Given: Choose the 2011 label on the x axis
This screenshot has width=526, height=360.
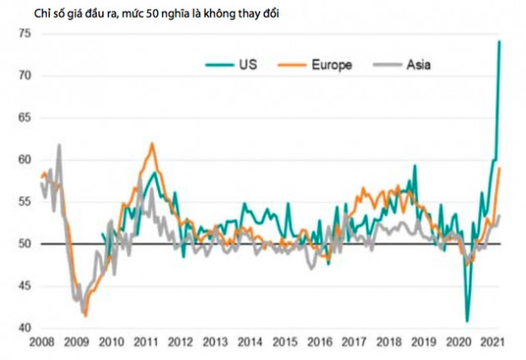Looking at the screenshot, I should point(148,342).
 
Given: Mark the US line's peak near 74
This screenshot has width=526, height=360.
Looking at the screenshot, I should point(499,41).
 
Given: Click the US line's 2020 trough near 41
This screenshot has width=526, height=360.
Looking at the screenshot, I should point(467,321).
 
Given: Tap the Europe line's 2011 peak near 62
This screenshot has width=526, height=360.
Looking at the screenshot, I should point(152,144).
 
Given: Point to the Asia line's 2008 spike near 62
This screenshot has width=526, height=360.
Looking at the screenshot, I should point(58,145).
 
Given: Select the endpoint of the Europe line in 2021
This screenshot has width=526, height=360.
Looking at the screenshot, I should point(499,169).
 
